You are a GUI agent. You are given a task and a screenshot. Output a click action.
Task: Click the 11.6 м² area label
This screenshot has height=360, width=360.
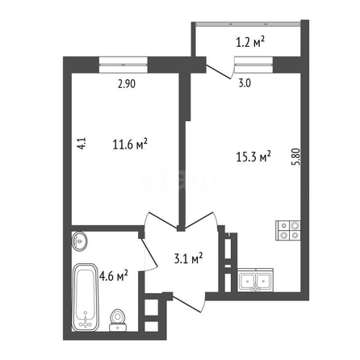pos(130,144)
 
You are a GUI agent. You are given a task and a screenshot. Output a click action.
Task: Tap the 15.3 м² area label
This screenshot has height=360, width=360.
pos(253,157)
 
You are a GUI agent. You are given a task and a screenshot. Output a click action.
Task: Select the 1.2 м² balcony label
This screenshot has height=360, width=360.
pos(250,42)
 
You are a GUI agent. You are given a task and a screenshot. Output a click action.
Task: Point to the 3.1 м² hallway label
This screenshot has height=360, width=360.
pos(188,258)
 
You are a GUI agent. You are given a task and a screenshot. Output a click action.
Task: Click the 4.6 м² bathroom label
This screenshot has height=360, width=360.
pos(113,276)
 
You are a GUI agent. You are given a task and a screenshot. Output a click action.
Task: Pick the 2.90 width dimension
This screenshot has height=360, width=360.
pos(127,84)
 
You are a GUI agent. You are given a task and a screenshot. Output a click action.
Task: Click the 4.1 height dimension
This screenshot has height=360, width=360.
pos(82,144)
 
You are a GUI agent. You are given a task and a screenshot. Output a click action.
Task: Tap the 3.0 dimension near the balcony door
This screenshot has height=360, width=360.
pos(245,83)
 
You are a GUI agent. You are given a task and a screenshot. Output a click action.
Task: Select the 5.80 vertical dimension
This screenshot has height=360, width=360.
pos(296,157)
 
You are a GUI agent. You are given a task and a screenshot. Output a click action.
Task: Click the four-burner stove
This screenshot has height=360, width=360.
pos(288,230)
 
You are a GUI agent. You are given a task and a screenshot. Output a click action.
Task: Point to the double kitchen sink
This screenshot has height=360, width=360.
pos(255,280)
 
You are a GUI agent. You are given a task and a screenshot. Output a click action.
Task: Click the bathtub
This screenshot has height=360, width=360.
pos(86,297)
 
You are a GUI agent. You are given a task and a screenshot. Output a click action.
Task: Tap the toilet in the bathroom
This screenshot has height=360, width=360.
pos(118,320)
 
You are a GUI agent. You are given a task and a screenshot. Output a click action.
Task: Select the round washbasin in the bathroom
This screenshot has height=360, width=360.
pos(79,241)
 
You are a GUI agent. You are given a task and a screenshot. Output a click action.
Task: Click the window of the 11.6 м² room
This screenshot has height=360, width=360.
pos(123,65)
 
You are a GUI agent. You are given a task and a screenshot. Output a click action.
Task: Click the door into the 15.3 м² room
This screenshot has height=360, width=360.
pos(201,221)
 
